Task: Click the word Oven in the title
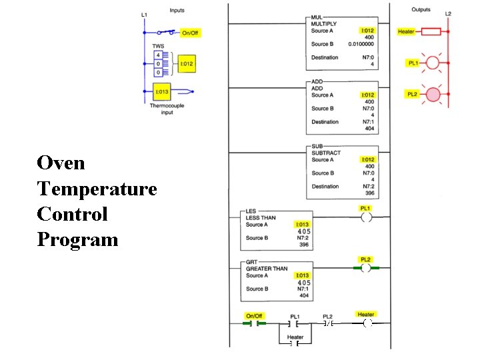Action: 61,163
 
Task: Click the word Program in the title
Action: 77,239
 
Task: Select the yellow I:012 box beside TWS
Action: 186,64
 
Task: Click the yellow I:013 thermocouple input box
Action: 162,91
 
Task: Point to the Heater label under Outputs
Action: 406,31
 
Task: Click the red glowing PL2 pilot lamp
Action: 433,95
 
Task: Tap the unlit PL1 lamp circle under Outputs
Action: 433,63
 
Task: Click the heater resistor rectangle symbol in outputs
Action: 431,31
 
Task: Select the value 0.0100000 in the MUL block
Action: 361,44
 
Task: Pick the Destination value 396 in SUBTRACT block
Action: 369,194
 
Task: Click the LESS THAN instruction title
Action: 261,218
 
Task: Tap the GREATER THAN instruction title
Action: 267,269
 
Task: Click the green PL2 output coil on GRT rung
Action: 366,268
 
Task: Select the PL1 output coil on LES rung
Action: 366,217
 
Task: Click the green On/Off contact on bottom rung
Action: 254,323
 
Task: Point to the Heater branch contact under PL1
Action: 295,345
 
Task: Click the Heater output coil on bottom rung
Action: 366,323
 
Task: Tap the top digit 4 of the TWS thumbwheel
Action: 158,55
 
